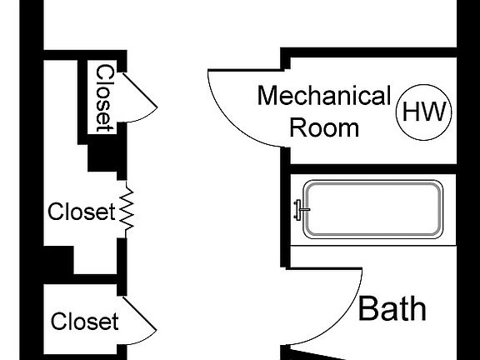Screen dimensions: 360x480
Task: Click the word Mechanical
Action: [323, 96]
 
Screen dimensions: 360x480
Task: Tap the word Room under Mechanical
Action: [323, 127]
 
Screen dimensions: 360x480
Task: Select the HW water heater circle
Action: [423, 112]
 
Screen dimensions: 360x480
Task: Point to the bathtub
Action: [372, 208]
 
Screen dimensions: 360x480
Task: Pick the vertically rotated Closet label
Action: [104, 97]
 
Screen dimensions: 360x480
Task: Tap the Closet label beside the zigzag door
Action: [79, 212]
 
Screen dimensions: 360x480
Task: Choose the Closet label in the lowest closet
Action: [84, 321]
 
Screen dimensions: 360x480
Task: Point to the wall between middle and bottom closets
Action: [79, 278]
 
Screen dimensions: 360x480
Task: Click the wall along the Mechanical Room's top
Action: [371, 52]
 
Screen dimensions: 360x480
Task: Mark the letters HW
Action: [423, 112]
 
